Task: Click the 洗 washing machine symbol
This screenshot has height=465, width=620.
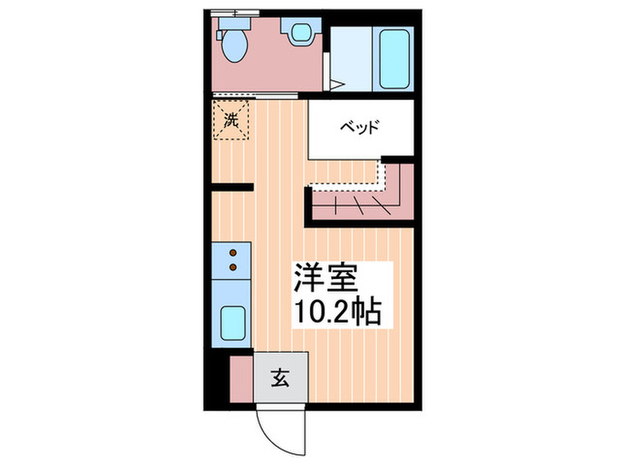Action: (x=232, y=121)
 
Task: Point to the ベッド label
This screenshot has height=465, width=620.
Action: (x=361, y=128)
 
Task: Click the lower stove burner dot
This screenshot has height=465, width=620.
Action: (x=234, y=265)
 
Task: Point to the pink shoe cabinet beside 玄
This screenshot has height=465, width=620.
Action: (x=241, y=378)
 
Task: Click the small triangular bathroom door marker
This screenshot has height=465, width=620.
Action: (x=337, y=85)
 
